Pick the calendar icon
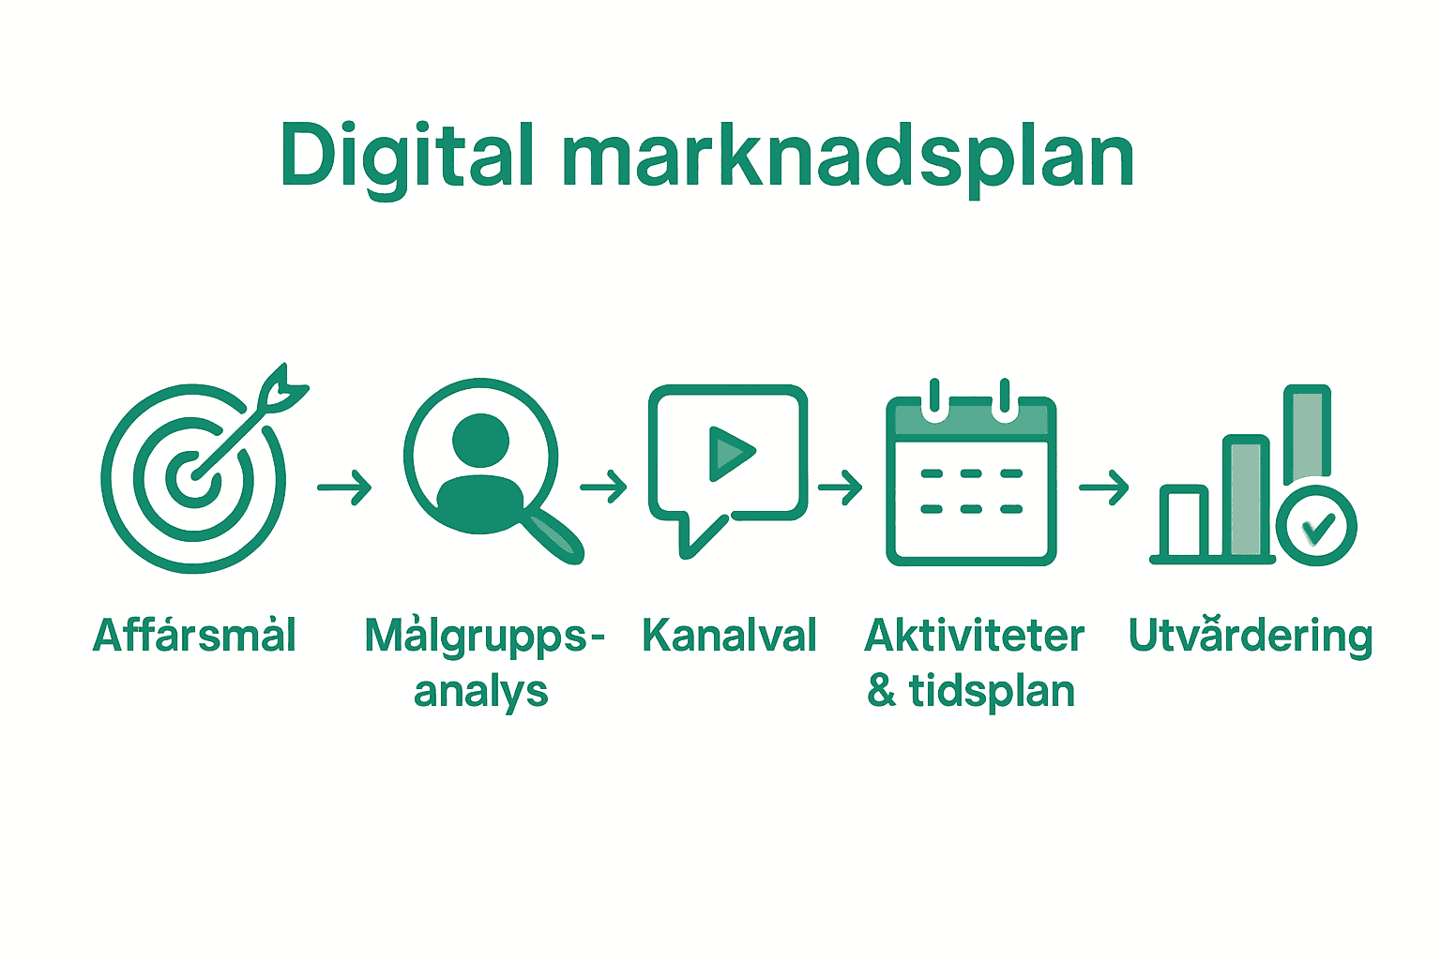[x=971, y=478]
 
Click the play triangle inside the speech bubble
[x=730, y=453]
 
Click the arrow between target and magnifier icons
[x=344, y=487]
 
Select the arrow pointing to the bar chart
[x=1103, y=487]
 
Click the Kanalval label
[x=729, y=636]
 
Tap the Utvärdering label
[x=1250, y=636]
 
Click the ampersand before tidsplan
[x=881, y=691]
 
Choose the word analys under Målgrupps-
[x=480, y=692]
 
